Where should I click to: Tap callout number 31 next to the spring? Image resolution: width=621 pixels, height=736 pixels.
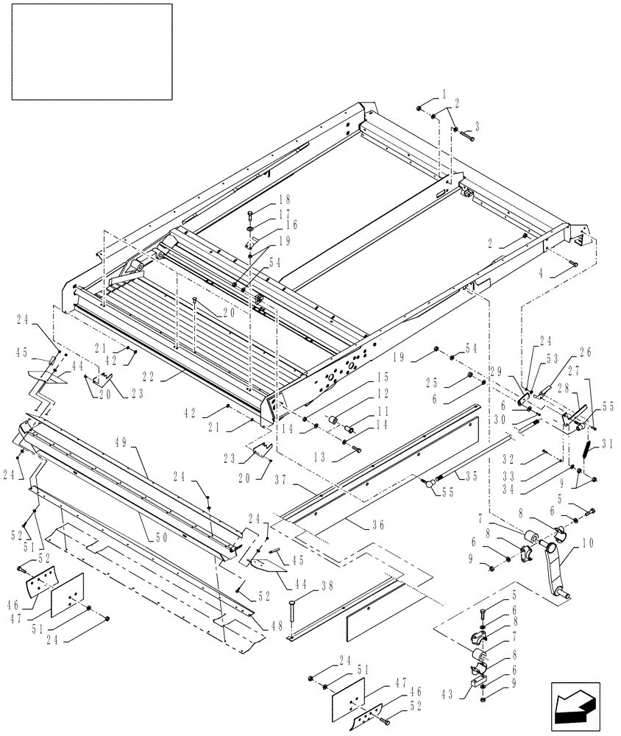tap(606, 444)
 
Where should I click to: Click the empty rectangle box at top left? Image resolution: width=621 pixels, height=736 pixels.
tap(91, 52)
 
